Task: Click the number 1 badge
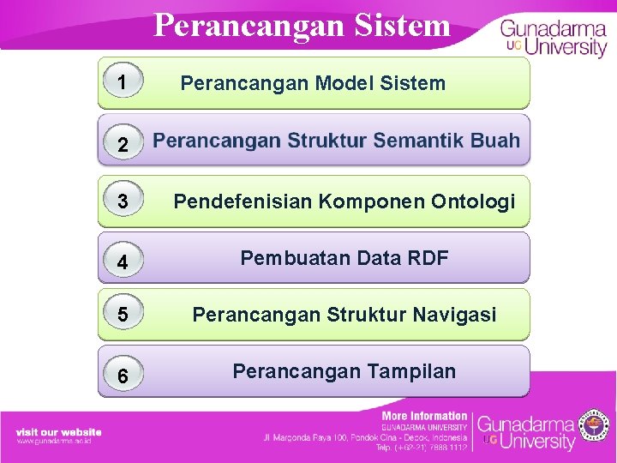click(123, 82)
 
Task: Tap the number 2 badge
click(123, 146)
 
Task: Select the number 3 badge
click(123, 202)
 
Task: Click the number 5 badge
click(123, 316)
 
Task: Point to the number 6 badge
click(123, 376)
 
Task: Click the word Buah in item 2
click(495, 141)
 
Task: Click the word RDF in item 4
click(426, 258)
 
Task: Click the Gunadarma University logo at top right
click(553, 36)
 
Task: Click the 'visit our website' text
click(58, 432)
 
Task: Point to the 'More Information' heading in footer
click(424, 416)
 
